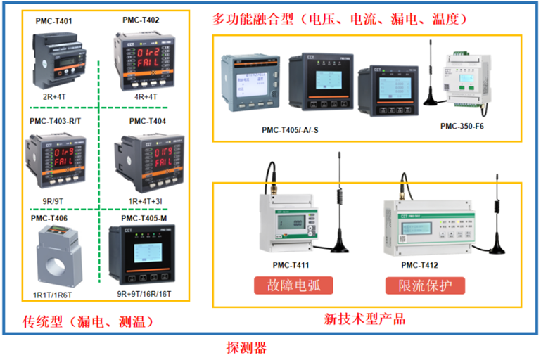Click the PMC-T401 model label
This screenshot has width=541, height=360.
[54, 21]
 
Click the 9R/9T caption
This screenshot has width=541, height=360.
[54, 200]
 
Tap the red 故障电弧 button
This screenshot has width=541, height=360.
[293, 285]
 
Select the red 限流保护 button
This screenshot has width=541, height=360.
[425, 285]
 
